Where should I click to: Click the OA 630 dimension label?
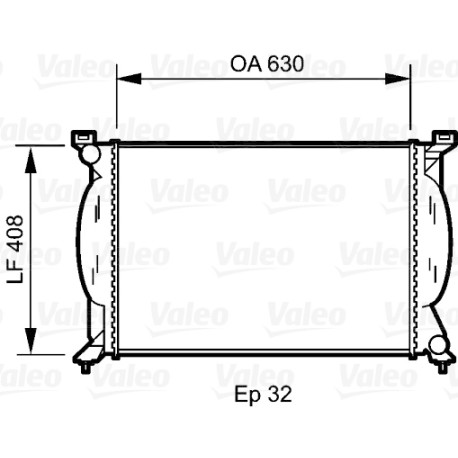267,64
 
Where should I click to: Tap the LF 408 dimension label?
16,249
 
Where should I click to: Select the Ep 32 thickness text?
263,395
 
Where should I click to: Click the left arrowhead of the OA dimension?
129,79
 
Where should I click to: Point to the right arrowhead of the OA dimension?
397,79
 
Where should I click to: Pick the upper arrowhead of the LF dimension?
31,161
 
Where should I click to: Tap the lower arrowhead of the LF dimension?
31,340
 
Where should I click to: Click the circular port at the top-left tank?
89,153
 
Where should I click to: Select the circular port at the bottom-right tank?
439,345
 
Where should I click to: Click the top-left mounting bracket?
83,137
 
